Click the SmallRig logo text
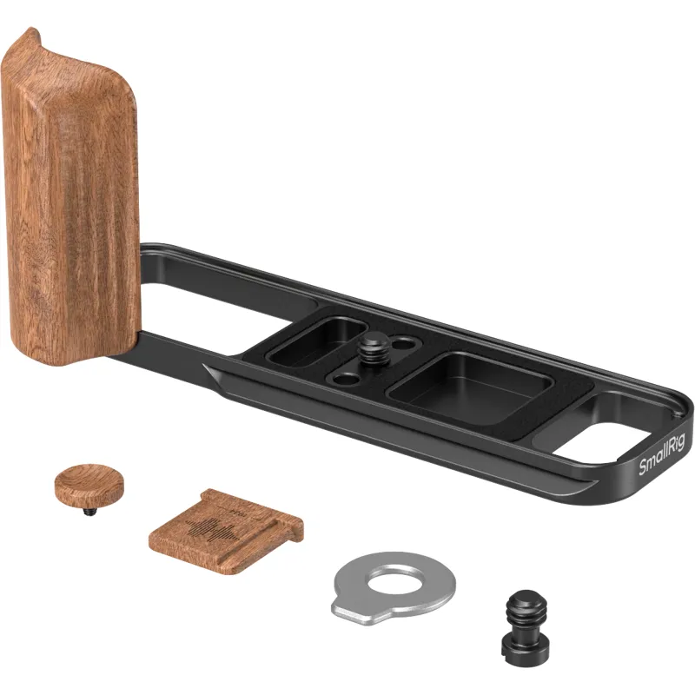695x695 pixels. point(661,453)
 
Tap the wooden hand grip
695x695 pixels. point(70,200)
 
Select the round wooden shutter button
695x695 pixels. point(89,481)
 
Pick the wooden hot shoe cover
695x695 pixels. point(226,531)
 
